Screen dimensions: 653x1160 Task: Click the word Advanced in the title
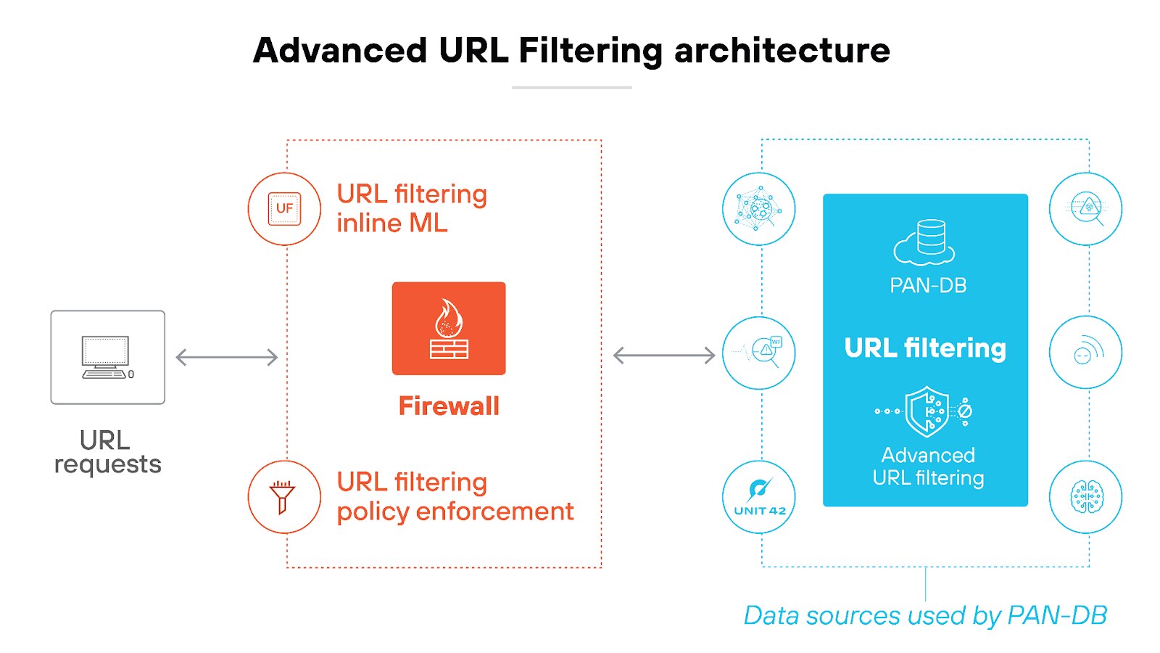(340, 51)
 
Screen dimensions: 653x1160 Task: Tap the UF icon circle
(284, 209)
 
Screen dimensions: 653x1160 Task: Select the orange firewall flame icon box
(449, 329)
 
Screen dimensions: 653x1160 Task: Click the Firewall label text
(449, 406)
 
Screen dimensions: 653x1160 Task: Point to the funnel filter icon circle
(284, 497)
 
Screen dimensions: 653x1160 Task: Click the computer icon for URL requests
(107, 357)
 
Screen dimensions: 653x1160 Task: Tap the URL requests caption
(107, 452)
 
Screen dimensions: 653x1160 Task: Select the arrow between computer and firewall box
(227, 357)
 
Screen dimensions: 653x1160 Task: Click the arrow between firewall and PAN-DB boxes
(664, 356)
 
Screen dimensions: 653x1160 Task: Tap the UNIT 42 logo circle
(759, 497)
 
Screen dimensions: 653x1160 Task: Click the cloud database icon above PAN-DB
(924, 242)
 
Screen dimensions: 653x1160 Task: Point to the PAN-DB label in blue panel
(928, 285)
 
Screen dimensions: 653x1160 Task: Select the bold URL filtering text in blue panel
(925, 348)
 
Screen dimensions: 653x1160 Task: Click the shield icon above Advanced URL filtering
(926, 411)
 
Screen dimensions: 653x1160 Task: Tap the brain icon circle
(1086, 497)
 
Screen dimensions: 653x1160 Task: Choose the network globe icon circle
(759, 209)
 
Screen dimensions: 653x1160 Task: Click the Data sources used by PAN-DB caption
(925, 615)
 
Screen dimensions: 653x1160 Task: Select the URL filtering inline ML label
(411, 208)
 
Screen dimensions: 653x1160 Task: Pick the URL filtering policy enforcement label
(455, 496)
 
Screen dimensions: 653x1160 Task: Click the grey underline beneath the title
(571, 88)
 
